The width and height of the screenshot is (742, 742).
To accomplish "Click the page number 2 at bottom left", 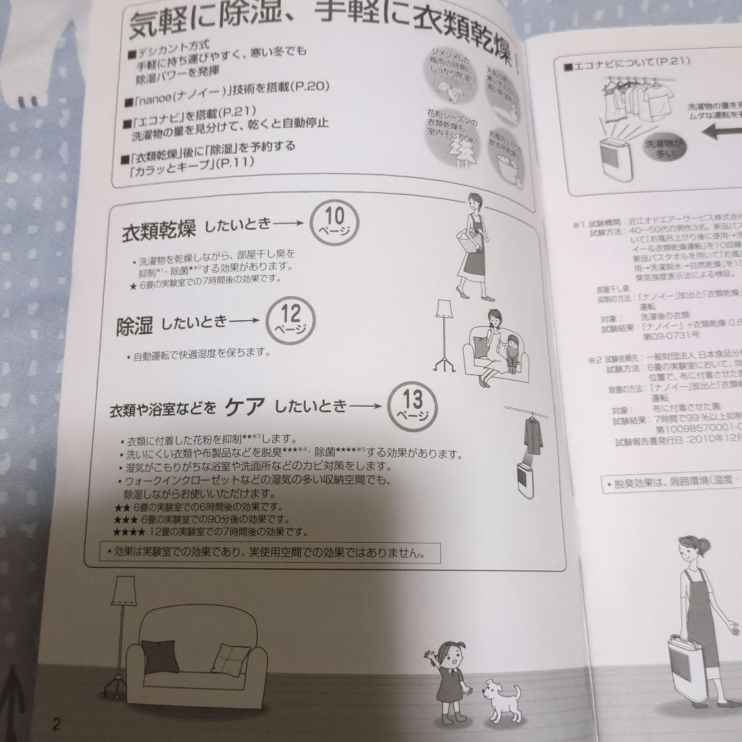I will tap(57, 724).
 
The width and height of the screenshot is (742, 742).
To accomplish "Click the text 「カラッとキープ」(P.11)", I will tap(185, 162).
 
